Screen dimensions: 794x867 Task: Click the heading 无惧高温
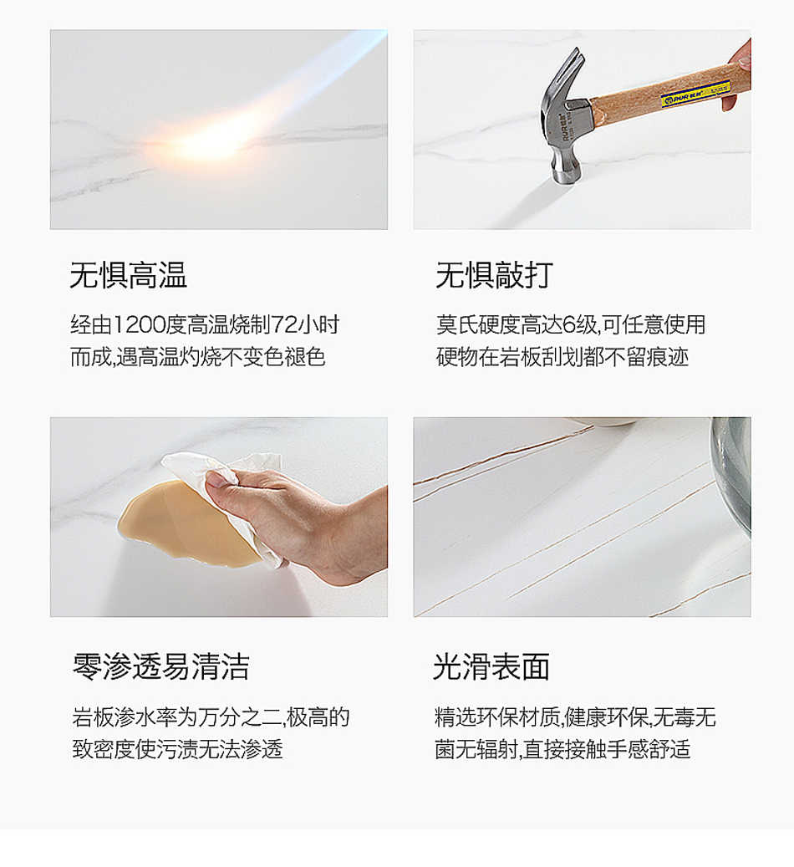128,275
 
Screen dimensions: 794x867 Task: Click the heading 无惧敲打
494,275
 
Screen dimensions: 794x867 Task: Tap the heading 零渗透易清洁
161,667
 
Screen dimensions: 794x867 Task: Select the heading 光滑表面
491,667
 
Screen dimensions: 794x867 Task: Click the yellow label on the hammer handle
696,94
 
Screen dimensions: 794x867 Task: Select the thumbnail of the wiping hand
219,517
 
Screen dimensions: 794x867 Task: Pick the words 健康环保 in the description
606,717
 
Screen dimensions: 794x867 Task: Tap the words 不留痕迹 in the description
647,357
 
